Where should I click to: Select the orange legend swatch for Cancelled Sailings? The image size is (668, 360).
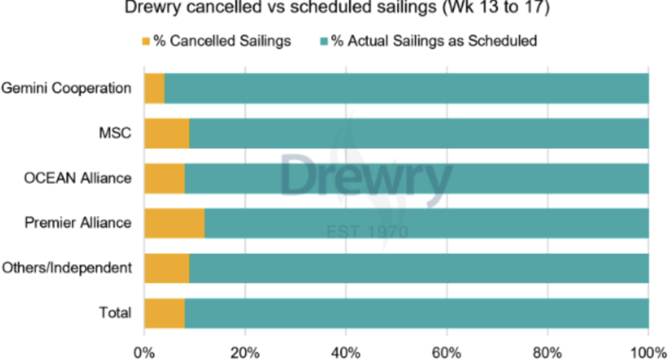[x=147, y=42]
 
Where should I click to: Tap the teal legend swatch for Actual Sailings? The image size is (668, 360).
[x=323, y=42]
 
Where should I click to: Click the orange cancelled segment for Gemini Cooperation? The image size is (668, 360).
[x=154, y=88]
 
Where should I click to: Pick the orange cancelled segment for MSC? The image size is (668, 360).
[x=166, y=133]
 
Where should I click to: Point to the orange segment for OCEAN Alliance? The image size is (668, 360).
[x=164, y=178]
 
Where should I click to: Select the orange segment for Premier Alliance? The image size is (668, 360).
[x=174, y=223]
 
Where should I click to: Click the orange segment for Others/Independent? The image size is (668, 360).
[x=166, y=268]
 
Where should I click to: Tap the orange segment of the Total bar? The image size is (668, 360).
[x=164, y=313]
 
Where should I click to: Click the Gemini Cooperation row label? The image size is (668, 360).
[x=67, y=88]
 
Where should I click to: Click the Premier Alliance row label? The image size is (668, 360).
[x=78, y=223]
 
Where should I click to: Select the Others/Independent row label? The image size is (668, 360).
[x=67, y=268]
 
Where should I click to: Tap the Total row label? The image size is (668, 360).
[x=115, y=313]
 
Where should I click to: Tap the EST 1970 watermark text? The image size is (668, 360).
[x=367, y=232]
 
